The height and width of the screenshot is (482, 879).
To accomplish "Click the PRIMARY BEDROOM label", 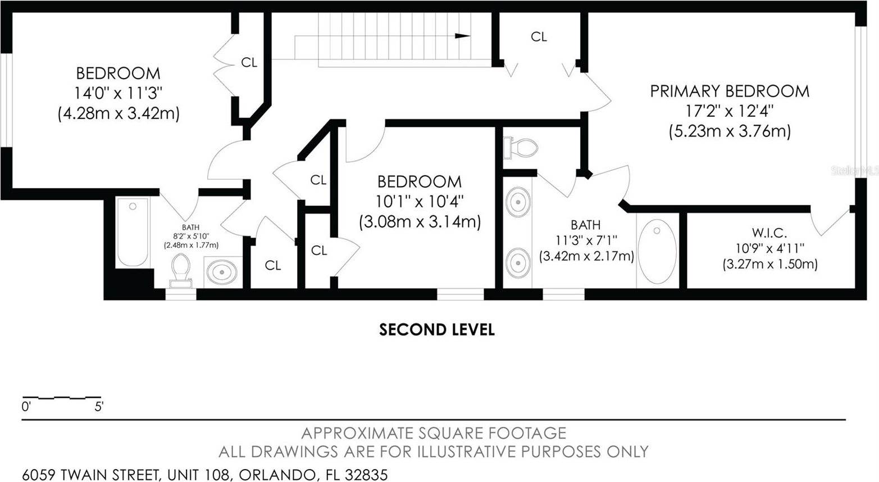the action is [x=730, y=91].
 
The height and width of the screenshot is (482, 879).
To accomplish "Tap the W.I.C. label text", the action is [x=769, y=233].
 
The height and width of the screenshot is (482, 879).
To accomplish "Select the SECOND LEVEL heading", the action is [x=437, y=330].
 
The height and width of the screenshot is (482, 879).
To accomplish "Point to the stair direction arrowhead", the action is [x=462, y=36].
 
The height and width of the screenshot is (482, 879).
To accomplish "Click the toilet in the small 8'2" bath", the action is [x=180, y=271].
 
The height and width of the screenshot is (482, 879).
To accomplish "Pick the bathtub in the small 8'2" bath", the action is [x=133, y=233].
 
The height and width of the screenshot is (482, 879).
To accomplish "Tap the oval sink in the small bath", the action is [x=222, y=271].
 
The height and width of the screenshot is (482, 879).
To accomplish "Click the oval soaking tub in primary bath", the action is [x=657, y=252].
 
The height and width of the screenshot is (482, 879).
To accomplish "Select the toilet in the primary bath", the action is [x=521, y=148].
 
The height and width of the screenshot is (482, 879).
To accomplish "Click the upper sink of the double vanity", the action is [x=518, y=202].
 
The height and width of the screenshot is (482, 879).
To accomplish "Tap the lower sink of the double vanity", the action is [x=518, y=263].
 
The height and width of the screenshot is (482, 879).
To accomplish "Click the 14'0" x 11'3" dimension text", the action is [x=118, y=93].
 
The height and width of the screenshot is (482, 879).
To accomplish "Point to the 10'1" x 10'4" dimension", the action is [x=420, y=202].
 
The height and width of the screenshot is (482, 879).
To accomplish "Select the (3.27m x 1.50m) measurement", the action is [x=770, y=264].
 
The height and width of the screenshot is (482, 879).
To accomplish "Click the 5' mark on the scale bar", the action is [x=99, y=407].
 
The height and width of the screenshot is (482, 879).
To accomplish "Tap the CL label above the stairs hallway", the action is [x=539, y=37].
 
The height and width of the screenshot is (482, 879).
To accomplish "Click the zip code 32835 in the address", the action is [x=366, y=475].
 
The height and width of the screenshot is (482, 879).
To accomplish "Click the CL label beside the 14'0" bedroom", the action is [x=249, y=62].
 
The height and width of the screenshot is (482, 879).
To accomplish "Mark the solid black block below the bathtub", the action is [x=134, y=279].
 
